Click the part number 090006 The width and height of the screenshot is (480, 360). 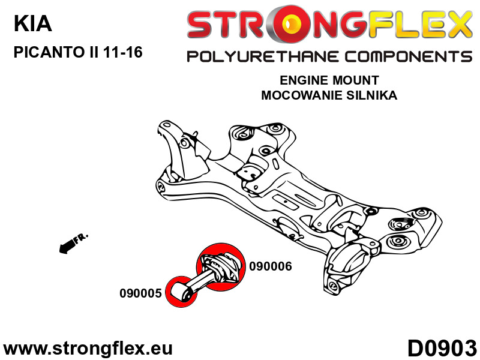tap(270, 266)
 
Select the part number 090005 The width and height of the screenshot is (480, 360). tap(140, 293)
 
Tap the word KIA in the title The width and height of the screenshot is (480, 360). tap(32, 24)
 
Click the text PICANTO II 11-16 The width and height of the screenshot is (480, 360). tap(78, 52)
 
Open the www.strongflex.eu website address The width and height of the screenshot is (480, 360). tap(88, 348)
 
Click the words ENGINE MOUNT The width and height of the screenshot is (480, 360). tap(329, 80)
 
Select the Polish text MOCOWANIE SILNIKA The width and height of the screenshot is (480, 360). tap(329, 95)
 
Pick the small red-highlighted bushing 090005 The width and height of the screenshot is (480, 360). tap(179, 292)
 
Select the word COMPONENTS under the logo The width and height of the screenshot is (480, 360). tap(405, 57)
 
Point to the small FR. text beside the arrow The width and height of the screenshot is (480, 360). tap(80, 238)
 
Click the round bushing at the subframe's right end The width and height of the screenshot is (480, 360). tap(397, 242)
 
